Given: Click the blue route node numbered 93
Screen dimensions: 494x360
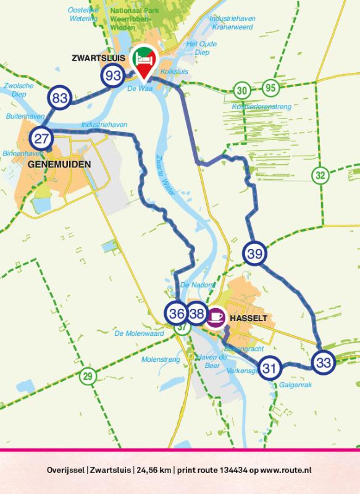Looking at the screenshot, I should (x=113, y=76).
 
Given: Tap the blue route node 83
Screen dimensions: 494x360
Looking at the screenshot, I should (x=60, y=98).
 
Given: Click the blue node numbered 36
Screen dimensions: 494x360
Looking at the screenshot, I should (x=177, y=314).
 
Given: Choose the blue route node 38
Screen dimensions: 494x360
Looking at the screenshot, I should (x=196, y=314).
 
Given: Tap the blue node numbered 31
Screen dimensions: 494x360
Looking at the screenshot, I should (x=269, y=369).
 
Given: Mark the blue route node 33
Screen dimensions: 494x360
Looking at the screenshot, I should (x=322, y=362).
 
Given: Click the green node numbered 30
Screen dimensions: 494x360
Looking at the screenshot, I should (x=242, y=90).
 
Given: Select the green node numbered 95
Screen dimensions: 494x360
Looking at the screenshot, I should (x=269, y=87).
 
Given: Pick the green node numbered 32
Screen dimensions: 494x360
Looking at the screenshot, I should (x=320, y=175).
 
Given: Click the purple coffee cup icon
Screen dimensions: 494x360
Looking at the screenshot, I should (x=216, y=316).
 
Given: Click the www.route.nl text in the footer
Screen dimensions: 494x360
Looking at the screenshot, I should (x=283, y=470).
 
